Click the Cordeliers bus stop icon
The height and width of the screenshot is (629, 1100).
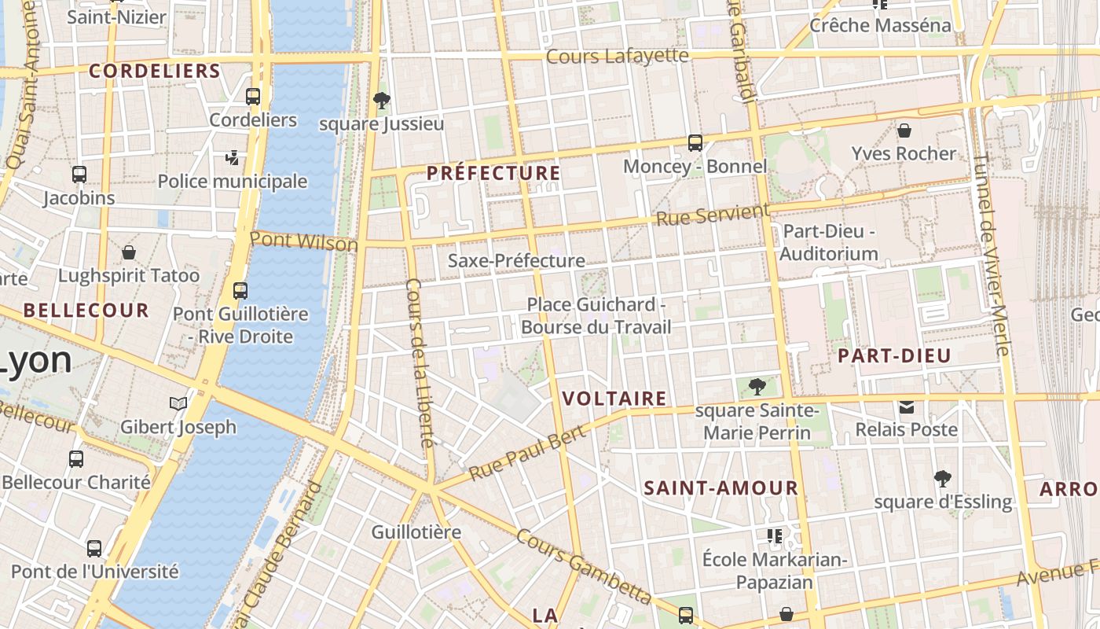253,97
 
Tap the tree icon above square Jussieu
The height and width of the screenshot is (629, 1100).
382,100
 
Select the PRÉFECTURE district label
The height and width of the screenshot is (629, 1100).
493,173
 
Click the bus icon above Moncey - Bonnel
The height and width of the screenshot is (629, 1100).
695,142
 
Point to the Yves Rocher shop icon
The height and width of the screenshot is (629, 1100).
904,130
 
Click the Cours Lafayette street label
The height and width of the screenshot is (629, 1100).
617,56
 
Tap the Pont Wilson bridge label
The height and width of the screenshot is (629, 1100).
304,241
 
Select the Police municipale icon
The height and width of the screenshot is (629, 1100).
232,158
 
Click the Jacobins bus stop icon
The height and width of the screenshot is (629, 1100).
79,175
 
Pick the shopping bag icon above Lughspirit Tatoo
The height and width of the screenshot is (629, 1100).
129,252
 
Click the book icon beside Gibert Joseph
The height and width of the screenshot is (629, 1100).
178,403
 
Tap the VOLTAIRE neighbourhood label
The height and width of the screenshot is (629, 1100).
614,399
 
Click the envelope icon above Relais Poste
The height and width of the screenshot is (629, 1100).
907,406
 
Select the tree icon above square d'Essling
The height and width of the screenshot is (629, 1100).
942,478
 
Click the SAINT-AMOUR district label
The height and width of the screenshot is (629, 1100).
720,487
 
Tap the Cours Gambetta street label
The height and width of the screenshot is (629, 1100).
583,566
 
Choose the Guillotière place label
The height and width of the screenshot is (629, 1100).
416,532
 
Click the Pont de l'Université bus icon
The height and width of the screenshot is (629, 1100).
94,548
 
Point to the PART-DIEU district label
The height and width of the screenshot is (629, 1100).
894,355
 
